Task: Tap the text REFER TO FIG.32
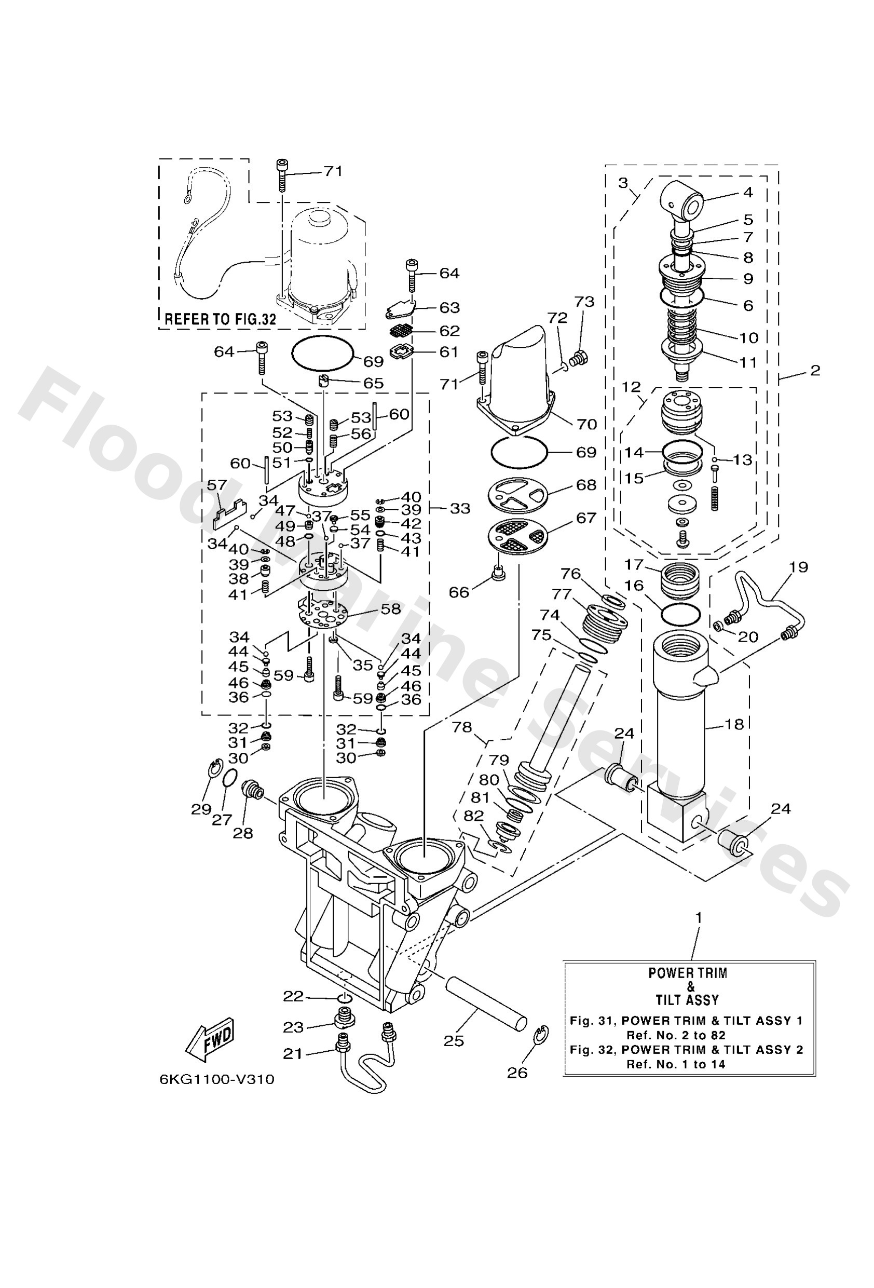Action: (221, 319)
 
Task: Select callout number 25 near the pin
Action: (454, 1041)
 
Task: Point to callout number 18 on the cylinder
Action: (734, 724)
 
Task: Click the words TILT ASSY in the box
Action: (687, 1000)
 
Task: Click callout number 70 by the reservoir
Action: (586, 424)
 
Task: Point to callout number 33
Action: (459, 508)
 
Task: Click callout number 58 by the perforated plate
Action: (390, 608)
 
